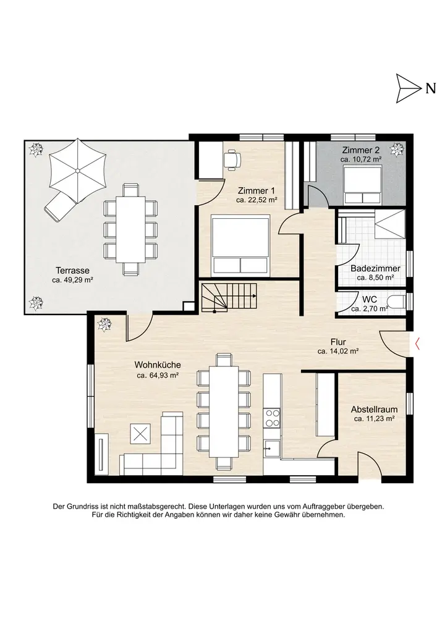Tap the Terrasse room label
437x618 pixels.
72,271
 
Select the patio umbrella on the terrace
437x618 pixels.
78,170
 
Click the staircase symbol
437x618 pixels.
229,297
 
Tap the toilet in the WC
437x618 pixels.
396,303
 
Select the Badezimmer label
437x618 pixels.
375,268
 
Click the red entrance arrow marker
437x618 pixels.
417,344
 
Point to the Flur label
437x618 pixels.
338,342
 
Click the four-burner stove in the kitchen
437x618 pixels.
273,418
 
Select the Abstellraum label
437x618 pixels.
374,410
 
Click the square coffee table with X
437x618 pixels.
140,434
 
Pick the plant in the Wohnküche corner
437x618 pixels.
105,324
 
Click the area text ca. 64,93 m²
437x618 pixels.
158,376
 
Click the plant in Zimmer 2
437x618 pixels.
397,150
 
